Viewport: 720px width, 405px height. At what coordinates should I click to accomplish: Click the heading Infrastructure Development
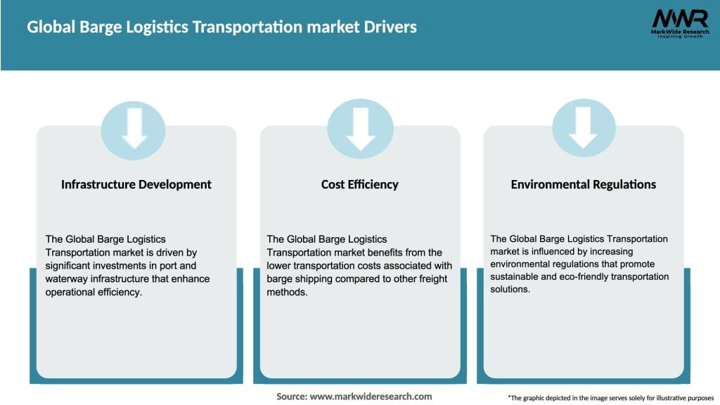click(x=136, y=184)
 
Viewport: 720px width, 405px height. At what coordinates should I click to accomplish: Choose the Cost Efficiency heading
click(x=359, y=184)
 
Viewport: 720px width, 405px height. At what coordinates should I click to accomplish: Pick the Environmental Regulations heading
click(x=583, y=184)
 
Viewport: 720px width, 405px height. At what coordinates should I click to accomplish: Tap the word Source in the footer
click(x=292, y=397)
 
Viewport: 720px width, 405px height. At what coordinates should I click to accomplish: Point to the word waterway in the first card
click(x=67, y=279)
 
